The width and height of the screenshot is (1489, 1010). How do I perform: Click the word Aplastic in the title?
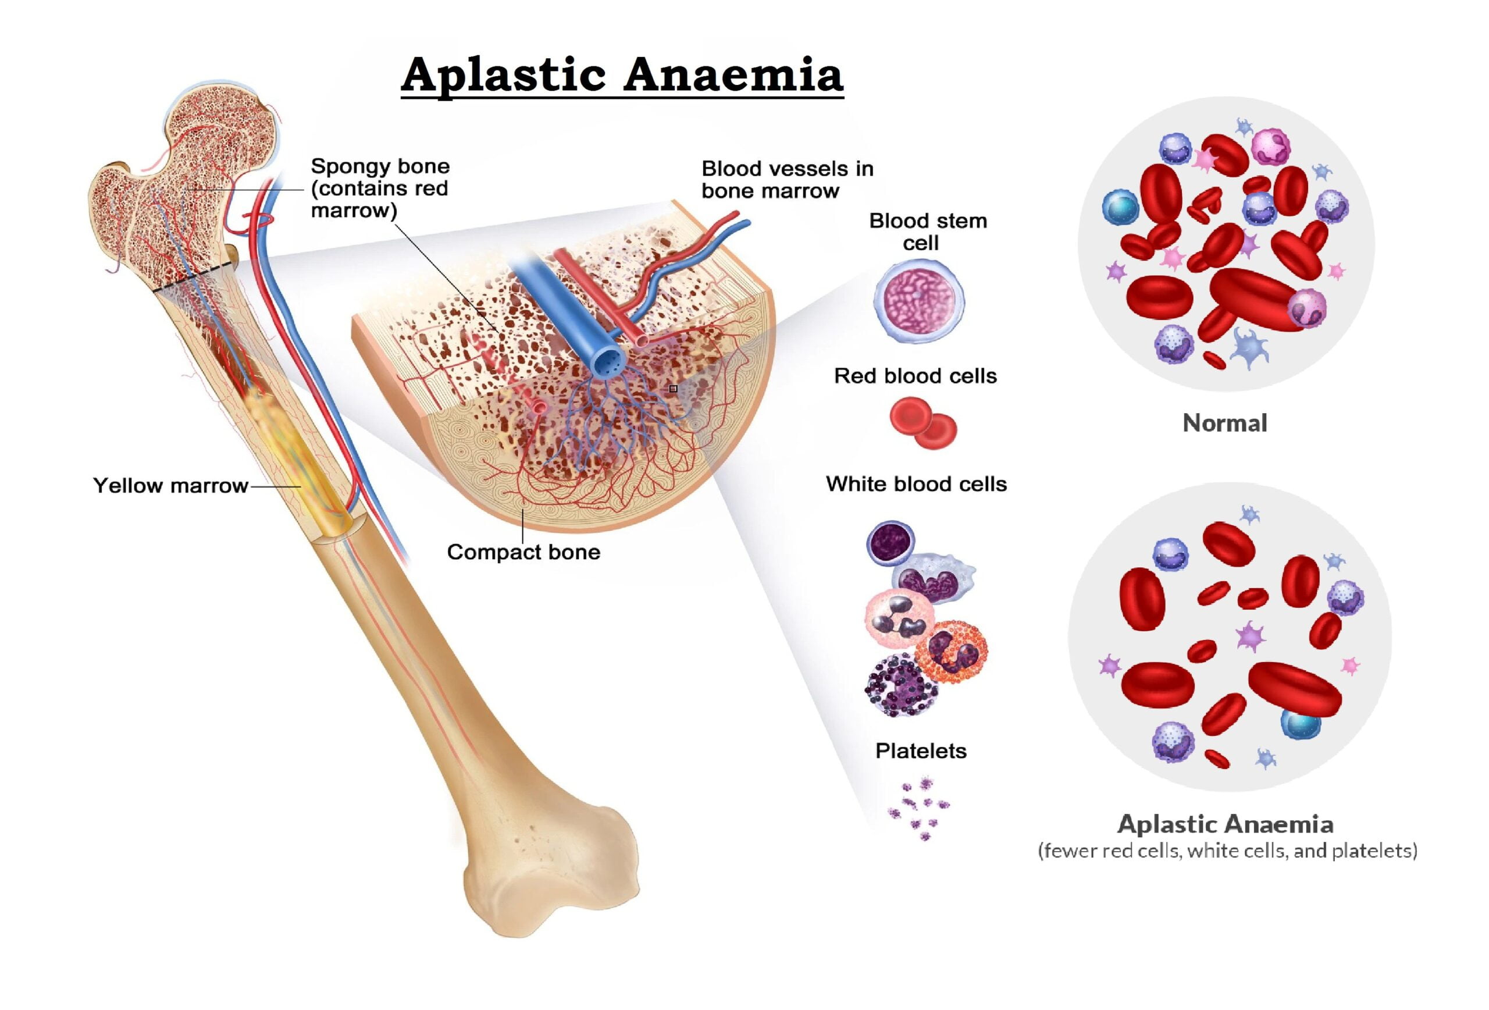(504, 76)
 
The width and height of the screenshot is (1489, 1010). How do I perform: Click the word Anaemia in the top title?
(733, 76)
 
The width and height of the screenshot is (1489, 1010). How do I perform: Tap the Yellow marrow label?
(170, 486)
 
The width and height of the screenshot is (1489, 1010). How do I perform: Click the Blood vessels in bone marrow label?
(787, 179)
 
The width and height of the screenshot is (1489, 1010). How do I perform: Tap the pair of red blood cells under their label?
(922, 422)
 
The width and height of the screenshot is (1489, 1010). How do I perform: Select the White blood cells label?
(916, 484)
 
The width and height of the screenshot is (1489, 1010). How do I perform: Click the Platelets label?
(921, 751)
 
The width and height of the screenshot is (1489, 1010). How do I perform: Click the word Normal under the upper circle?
(1224, 423)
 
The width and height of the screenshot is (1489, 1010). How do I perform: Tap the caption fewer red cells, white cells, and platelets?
(1227, 851)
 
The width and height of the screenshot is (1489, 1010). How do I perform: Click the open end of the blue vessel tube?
(608, 362)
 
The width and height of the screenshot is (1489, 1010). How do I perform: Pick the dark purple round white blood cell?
(890, 543)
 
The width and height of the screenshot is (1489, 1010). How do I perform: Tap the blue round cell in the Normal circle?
(1120, 207)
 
